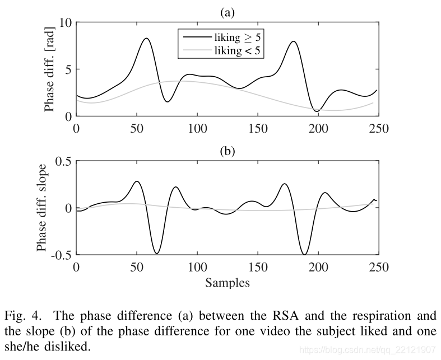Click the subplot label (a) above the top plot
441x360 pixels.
(228, 12)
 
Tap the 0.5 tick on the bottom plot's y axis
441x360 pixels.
(59, 161)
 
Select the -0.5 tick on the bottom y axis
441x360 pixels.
(57, 255)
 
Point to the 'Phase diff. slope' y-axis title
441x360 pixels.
(42, 208)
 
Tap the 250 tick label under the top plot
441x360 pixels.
(378, 128)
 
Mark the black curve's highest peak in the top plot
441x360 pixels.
(146, 38)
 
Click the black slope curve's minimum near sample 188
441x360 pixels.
(304, 255)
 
